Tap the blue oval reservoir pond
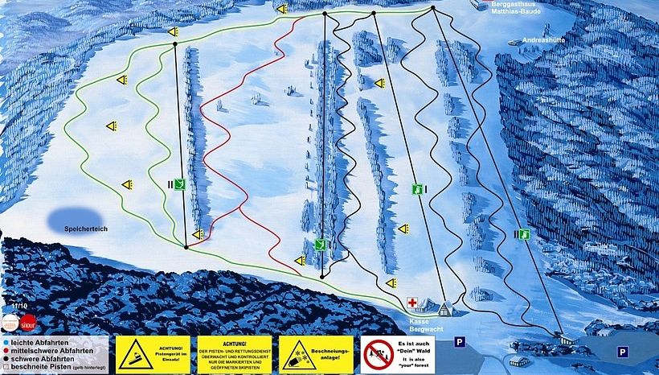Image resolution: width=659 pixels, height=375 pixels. [x=73, y=218]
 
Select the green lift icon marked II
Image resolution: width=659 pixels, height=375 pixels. [x=182, y=184]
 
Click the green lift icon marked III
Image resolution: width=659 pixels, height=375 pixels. [x=523, y=234]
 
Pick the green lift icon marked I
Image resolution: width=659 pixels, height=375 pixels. [x=417, y=190]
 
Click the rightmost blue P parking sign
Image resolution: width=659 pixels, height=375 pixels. [x=622, y=352]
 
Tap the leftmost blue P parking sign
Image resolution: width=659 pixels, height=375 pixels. [x=460, y=340]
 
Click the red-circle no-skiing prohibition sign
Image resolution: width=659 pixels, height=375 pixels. [x=375, y=354]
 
